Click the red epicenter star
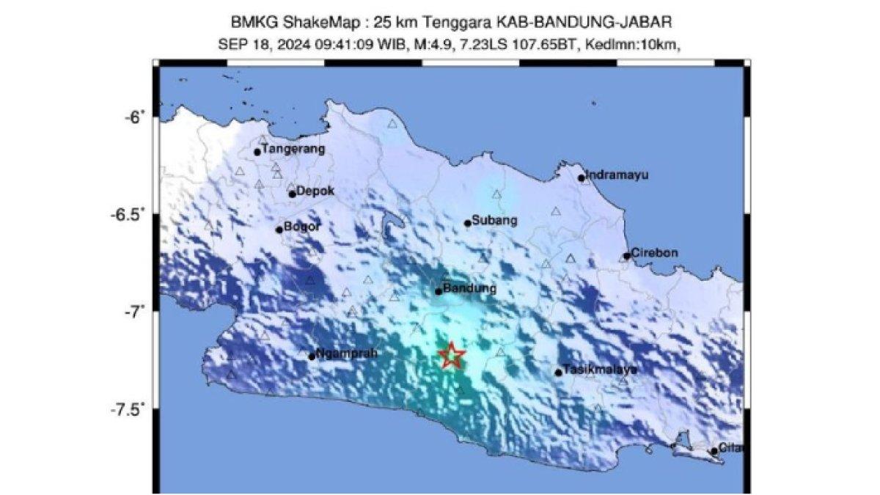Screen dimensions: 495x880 [452, 356]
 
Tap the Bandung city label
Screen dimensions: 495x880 [469, 288]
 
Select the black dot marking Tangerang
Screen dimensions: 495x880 [257, 152]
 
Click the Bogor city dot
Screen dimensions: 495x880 [279, 230]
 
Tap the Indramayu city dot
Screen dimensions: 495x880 [582, 177]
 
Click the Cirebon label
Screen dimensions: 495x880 [654, 253]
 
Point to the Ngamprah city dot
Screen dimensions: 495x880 [312, 356]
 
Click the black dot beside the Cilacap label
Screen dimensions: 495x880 [714, 451]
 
